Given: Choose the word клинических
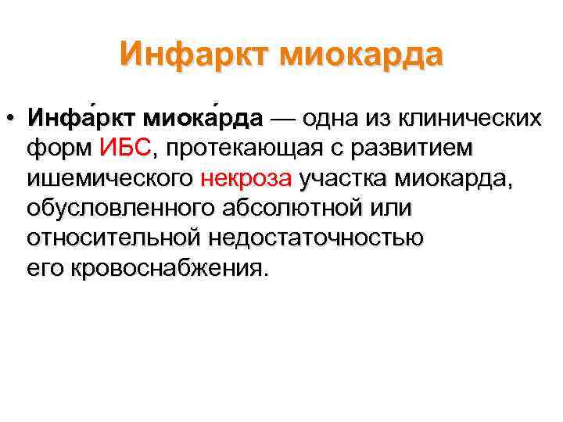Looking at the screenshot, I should click(x=468, y=120).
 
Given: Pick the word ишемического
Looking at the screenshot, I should click(x=109, y=179).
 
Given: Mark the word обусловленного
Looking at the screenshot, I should click(x=126, y=209).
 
